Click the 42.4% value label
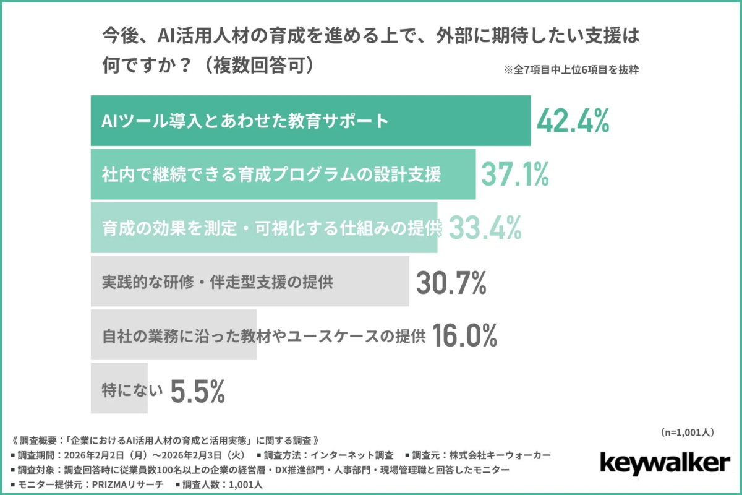click(x=573, y=121)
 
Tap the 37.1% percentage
click(x=514, y=174)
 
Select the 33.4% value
click(x=484, y=228)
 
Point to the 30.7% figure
click(x=451, y=282)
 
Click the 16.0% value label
click(x=464, y=336)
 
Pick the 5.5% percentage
click(x=197, y=390)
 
